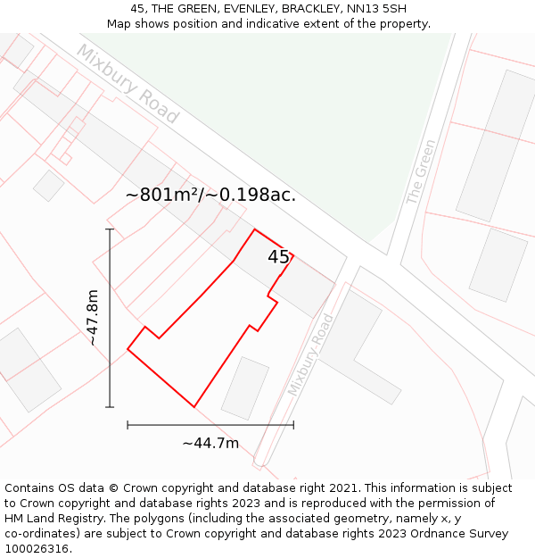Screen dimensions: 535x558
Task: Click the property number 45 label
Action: pos(278,257)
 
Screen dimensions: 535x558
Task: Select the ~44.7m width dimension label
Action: pos(210,443)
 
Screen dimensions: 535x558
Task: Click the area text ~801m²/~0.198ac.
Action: pos(210,195)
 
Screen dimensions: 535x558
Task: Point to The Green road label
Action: pos(421,172)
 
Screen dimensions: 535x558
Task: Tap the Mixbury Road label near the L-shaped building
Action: pos(310,355)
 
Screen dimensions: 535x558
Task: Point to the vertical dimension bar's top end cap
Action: pos(110,229)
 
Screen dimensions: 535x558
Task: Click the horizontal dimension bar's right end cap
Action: pos(293,425)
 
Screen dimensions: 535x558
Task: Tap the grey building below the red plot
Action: pos(245,388)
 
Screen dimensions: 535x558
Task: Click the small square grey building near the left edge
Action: pos(48,186)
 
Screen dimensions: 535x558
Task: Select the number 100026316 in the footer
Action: pos(36,548)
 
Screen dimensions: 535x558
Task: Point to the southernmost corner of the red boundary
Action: pos(193,407)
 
